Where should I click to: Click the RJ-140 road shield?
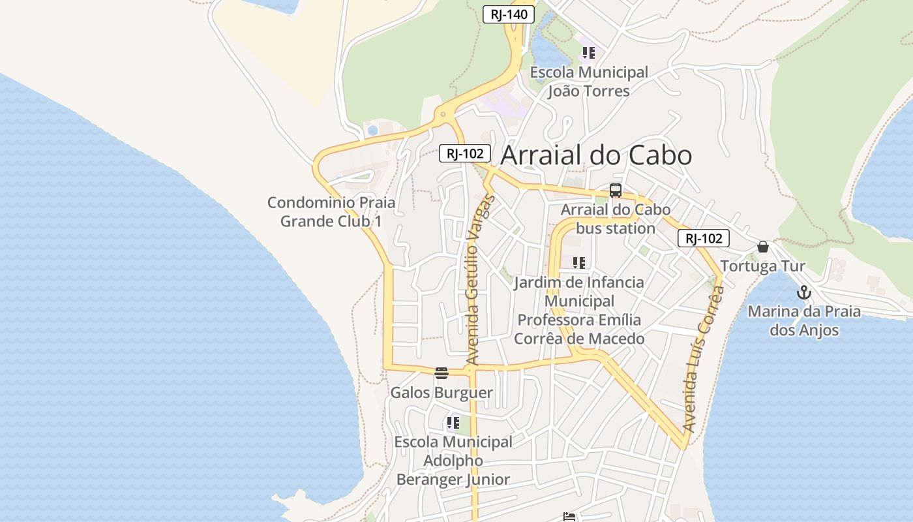pos(509,14)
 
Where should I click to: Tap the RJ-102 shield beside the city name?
pos(465,154)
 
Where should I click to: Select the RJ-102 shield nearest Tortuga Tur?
pos(704,239)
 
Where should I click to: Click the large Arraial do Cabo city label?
pos(596,156)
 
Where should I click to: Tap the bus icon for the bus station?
pos(616,191)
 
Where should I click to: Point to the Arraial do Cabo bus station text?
pos(616,219)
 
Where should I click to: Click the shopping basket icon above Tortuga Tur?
pos(762,247)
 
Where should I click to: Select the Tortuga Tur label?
pos(762,266)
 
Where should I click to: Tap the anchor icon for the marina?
pos(803,292)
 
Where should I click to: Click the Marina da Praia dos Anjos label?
pos(803,320)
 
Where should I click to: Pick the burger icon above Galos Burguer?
pos(442,373)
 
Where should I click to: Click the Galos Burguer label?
pos(442,393)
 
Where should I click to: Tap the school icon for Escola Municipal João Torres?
pos(589,53)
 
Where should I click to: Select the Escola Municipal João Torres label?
pos(589,82)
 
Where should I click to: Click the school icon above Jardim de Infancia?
pos(578,263)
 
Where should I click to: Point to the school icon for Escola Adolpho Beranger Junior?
pos(453,423)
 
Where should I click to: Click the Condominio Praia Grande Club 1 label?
pos(331,212)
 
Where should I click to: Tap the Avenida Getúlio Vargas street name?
pos(481,281)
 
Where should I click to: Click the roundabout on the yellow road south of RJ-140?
pos(443,115)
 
